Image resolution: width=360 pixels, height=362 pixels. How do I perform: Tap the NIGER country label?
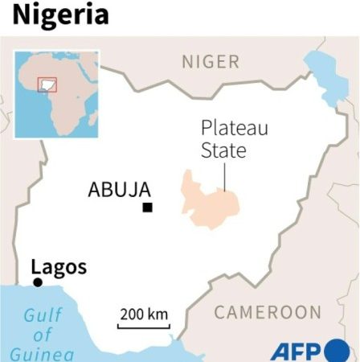tap(211, 62)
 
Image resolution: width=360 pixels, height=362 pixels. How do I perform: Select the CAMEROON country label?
tap(268, 312)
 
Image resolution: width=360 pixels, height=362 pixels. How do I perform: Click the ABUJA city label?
tap(119, 191)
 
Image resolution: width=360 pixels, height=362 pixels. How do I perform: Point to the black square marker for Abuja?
tap(147, 208)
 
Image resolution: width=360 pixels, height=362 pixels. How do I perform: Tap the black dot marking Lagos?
tap(37, 282)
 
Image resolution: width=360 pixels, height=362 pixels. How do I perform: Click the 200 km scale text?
tap(145, 313)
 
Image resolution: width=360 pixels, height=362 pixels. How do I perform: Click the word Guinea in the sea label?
tap(43, 353)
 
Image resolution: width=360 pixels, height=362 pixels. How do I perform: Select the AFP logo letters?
tap(297, 352)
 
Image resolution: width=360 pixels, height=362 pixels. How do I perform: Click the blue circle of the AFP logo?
tap(338, 352)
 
